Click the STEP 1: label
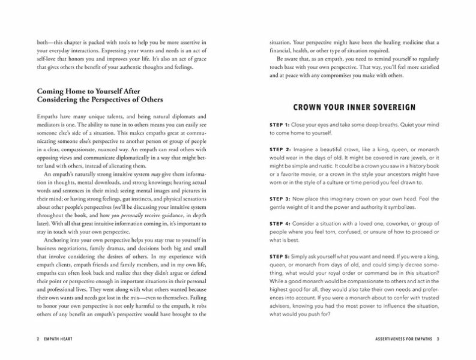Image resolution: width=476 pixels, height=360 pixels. pyautogui.click(x=280, y=124)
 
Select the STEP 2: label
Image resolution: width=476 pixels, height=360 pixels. pyautogui.click(x=280, y=148)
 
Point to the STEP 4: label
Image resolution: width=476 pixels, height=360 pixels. pyautogui.click(x=280, y=223)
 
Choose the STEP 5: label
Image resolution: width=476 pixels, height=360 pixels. pyautogui.click(x=280, y=256)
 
